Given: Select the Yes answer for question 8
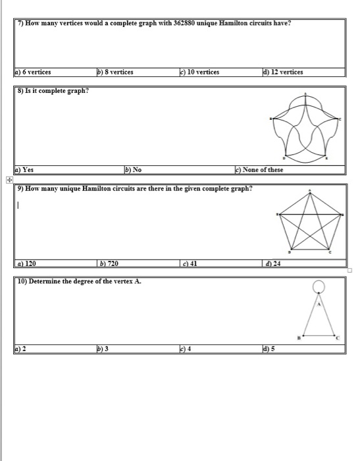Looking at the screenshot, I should pos(27,169).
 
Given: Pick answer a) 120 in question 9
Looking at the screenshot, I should pos(28,263).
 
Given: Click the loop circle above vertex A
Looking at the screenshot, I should pos(319,286).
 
